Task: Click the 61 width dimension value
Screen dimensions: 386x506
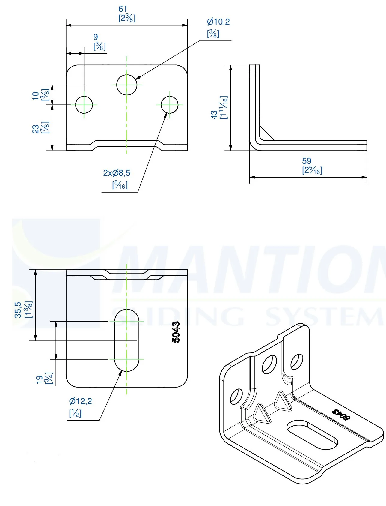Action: click(x=123, y=9)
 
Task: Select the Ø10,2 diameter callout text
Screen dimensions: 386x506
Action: click(x=218, y=22)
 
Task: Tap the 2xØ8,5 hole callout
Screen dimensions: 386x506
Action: click(x=117, y=173)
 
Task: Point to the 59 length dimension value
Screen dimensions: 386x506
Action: click(x=307, y=161)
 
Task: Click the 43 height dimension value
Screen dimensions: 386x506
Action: click(x=214, y=115)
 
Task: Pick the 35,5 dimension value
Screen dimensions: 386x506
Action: click(x=18, y=310)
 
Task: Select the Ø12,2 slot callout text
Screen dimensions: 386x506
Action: click(x=80, y=401)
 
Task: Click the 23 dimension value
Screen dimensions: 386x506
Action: click(x=36, y=129)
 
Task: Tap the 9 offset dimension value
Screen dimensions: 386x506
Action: click(x=96, y=37)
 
